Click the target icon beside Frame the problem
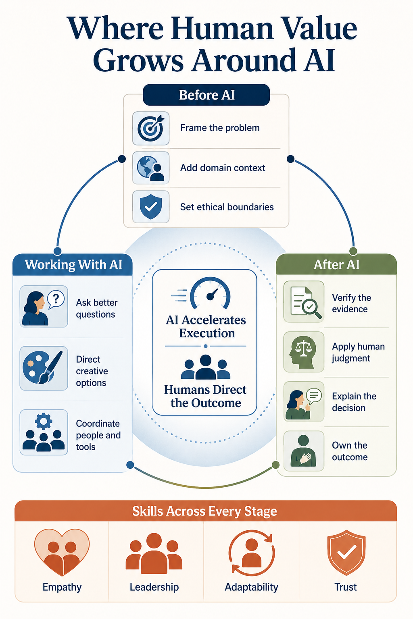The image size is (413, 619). pos(151,128)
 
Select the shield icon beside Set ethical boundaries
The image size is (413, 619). pos(151,207)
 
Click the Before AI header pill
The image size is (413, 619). pos(206,95)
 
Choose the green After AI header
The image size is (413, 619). pos(336,264)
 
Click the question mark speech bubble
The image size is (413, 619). pos(56,299)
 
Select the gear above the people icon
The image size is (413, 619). pos(44,421)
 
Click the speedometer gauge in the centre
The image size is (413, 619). pos(210,293)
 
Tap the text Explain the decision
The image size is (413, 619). pos(354,402)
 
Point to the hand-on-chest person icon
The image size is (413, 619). pos(303,451)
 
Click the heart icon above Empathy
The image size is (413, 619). pos(62,552)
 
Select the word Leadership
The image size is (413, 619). pos(154,587)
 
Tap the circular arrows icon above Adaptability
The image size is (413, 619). pos(252,552)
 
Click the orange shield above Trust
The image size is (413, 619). pos(346,552)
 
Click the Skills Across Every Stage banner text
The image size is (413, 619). pos(205,511)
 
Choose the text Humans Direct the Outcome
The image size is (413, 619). pos(205,396)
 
